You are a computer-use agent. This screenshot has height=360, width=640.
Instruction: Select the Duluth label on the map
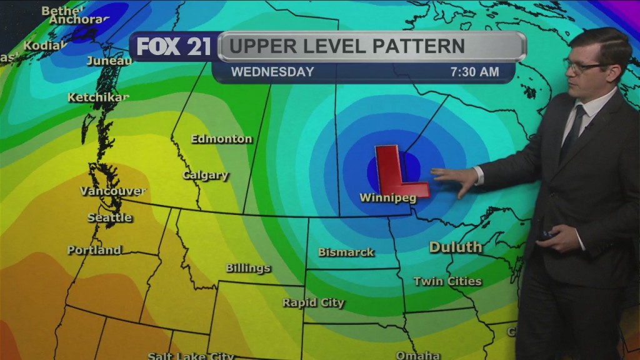[x=456, y=247]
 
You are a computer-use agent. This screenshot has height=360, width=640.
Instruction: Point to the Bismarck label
[x=346, y=252]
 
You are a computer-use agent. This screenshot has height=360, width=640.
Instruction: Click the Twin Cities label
[x=447, y=281]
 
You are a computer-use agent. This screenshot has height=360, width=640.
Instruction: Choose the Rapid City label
[x=313, y=302]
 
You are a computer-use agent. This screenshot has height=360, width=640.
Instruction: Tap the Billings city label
[x=248, y=268]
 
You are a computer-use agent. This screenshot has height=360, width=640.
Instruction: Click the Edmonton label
[x=222, y=139]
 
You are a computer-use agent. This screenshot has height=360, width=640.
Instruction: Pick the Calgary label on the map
[x=206, y=175]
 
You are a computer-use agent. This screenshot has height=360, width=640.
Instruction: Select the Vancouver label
[x=113, y=191]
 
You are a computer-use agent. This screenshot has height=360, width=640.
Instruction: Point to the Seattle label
[x=110, y=217]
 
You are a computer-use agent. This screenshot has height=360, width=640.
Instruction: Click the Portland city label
[x=94, y=250]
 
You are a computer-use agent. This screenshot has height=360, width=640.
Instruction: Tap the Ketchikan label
[x=98, y=97]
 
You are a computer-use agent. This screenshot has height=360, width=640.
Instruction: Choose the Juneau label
[x=109, y=61]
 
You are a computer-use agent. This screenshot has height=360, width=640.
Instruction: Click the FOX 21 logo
[x=174, y=47]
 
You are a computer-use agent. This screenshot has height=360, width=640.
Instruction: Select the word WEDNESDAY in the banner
[x=272, y=72]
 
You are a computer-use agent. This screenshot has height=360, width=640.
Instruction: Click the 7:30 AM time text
[x=475, y=72]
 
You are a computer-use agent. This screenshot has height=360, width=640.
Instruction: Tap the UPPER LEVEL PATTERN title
[x=346, y=46]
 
